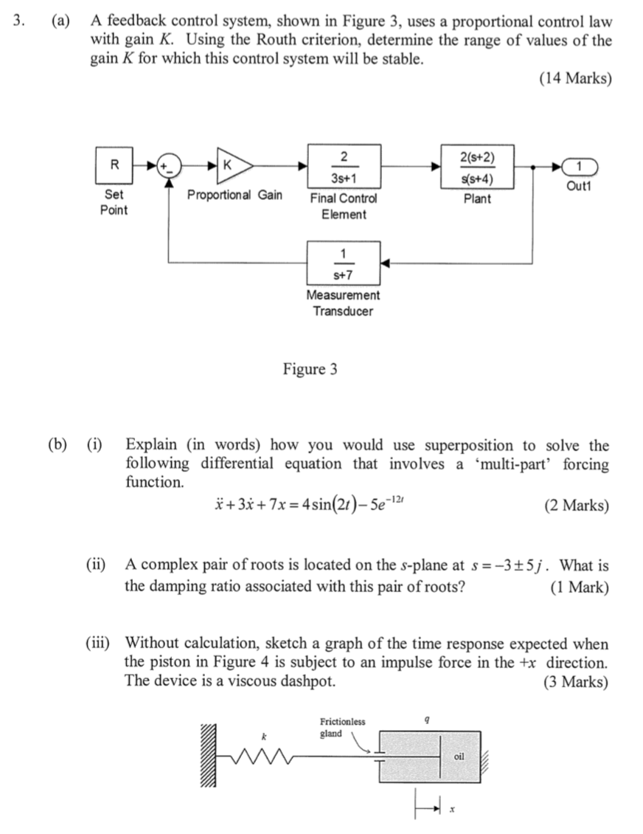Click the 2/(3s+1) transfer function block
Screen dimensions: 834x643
(x=344, y=167)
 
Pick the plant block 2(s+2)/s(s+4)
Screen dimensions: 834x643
(x=477, y=167)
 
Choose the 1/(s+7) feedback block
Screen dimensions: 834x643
(x=344, y=263)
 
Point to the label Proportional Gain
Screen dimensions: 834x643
(x=234, y=195)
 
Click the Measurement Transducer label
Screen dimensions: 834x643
(x=344, y=303)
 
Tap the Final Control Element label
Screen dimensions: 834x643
(x=344, y=206)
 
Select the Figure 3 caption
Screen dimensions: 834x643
(x=310, y=369)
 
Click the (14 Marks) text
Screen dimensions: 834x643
(x=575, y=78)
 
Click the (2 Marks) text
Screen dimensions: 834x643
(x=576, y=506)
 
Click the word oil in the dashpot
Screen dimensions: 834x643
(x=459, y=757)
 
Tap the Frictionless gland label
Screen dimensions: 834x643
(x=341, y=727)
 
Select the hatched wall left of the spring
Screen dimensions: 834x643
(x=209, y=757)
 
